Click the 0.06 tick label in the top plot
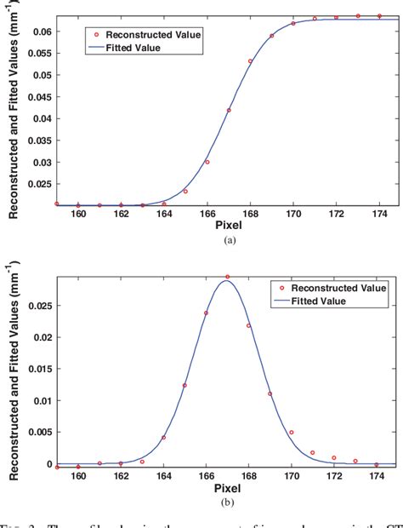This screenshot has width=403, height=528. (41, 32)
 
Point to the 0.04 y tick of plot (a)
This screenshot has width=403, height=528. (41, 118)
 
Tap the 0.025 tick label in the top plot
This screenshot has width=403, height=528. (38, 184)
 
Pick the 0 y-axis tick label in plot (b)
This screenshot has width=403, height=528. (47, 464)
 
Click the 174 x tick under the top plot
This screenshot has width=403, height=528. (379, 215)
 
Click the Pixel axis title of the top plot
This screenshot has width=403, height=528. (227, 227)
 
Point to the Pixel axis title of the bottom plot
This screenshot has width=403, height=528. (227, 490)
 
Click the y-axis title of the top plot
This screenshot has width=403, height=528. (14, 110)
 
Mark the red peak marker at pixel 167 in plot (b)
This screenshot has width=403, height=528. (228, 277)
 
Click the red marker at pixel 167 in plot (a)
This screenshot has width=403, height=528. (228, 110)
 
